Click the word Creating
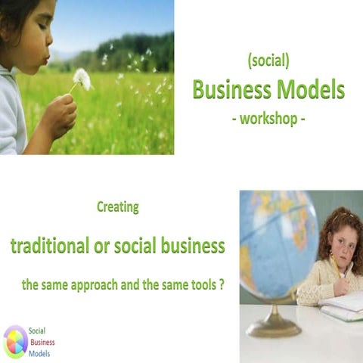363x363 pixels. pyautogui.click(x=118, y=206)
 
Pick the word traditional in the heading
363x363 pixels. pyautogui.click(x=54, y=246)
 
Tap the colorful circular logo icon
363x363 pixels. pyautogui.click(x=15, y=341)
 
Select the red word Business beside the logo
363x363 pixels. pyautogui.click(x=42, y=341)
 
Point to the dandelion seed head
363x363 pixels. pyautogui.click(x=82, y=79)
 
